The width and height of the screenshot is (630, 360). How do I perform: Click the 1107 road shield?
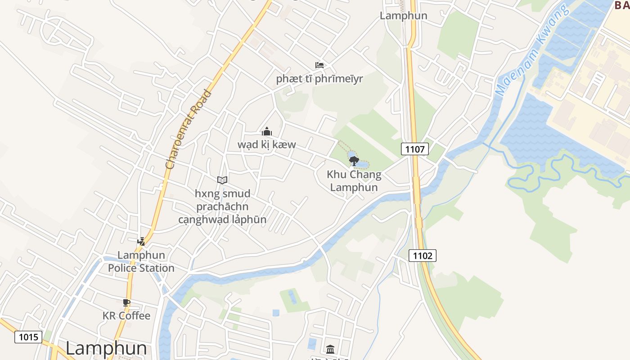click(415, 149)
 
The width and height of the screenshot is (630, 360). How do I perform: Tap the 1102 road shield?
click(423, 256)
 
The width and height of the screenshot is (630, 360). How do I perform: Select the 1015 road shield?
click(28, 337)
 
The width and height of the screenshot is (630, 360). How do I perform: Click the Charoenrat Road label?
click(188, 130)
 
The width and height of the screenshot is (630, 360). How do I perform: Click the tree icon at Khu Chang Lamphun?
click(354, 161)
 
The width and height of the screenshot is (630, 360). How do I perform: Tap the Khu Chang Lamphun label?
click(354, 181)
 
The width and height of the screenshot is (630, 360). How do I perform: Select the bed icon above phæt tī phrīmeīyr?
click(319, 65)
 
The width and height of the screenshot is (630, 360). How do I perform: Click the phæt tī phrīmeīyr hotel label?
click(319, 79)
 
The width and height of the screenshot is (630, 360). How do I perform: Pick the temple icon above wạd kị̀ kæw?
click(266, 131)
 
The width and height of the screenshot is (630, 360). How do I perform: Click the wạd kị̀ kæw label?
click(267, 144)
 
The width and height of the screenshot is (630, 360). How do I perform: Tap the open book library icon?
click(222, 180)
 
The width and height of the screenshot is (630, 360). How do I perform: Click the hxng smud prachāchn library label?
click(222, 207)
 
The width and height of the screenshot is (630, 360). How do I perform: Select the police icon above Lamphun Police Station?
click(141, 241)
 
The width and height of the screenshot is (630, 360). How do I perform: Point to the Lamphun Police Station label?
click(141, 261)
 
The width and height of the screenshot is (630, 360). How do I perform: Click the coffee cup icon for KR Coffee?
click(126, 302)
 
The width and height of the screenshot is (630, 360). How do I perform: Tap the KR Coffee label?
click(126, 315)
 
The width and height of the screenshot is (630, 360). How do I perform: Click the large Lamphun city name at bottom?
click(106, 348)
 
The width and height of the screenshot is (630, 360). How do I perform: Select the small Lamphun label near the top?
click(404, 16)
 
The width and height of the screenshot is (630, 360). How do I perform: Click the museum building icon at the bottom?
click(330, 349)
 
